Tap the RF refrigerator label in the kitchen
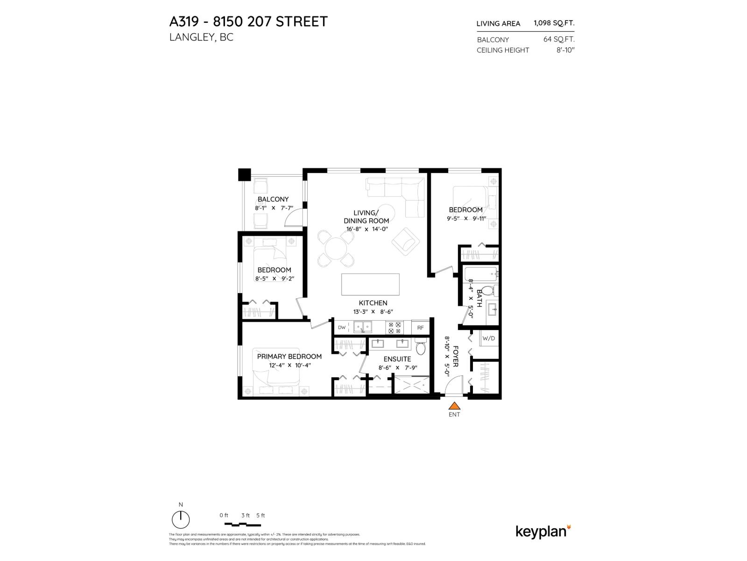tap(420, 328)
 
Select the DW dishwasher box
tap(342, 328)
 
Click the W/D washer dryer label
tap(488, 338)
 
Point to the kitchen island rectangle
tap(370, 284)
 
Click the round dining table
tap(335, 248)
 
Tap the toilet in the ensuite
tap(420, 348)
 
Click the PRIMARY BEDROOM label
tap(289, 356)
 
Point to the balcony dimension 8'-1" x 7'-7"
tap(274, 208)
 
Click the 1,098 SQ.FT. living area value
tap(554, 23)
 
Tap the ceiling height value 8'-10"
tap(565, 50)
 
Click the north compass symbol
tap(181, 519)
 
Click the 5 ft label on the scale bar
tap(261, 515)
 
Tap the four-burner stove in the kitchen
tap(395, 327)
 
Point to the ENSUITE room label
tap(397, 359)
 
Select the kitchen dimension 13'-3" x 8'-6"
tap(373, 312)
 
